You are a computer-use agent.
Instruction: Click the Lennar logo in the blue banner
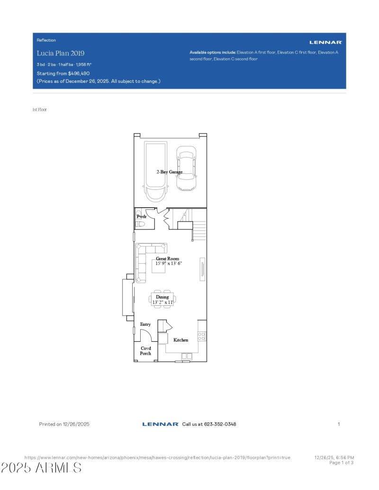tap(325, 42)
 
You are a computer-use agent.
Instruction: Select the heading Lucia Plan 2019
tap(61, 53)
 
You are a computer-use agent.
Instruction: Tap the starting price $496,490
tap(79, 73)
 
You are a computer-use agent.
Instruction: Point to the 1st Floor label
tap(39, 109)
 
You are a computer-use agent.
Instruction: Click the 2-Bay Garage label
tap(170, 172)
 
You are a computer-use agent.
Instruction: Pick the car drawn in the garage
tap(186, 168)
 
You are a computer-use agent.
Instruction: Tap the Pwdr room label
tap(142, 216)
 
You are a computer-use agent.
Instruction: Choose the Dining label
tap(162, 297)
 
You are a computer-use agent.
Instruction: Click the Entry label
tap(145, 324)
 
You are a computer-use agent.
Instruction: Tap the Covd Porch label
tap(145, 351)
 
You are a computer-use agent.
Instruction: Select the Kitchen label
tap(180, 340)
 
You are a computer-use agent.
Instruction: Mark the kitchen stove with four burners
tap(201, 336)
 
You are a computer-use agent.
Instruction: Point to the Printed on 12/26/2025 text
tap(64, 424)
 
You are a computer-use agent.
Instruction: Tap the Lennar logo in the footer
tap(160, 424)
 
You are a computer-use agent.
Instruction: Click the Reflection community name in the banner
tap(46, 40)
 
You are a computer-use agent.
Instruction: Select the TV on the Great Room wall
tap(203, 269)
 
